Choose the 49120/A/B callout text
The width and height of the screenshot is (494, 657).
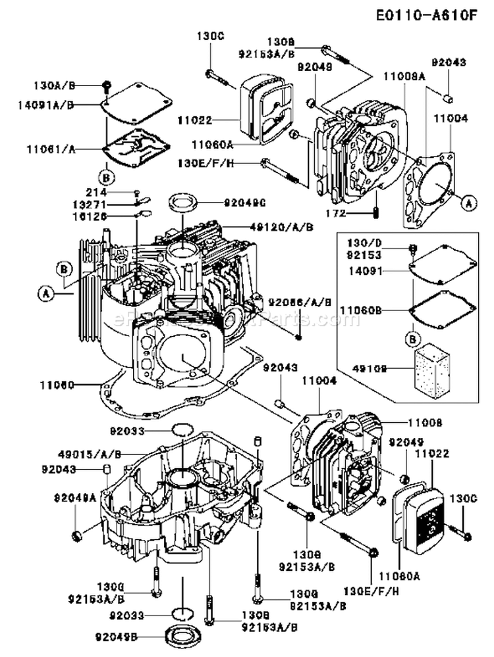click(x=281, y=226)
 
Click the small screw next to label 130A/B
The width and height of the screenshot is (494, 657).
click(x=105, y=84)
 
